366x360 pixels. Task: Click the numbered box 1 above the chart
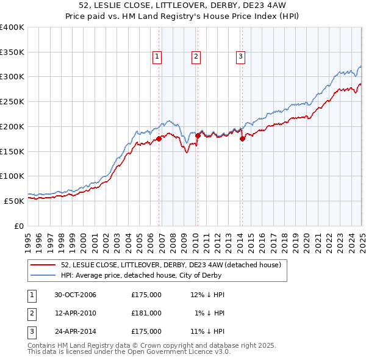point(157,57)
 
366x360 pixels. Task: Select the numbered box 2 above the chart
point(196,57)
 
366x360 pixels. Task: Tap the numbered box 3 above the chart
point(240,57)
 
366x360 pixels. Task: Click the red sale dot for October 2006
point(159,139)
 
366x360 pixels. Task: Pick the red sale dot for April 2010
point(197,135)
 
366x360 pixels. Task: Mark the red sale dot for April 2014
point(242,139)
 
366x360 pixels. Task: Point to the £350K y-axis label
point(12,52)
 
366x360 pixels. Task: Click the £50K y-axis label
point(15,201)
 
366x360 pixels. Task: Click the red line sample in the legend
point(43,265)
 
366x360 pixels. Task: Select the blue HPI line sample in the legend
point(43,275)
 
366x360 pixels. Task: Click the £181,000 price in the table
point(146,313)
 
